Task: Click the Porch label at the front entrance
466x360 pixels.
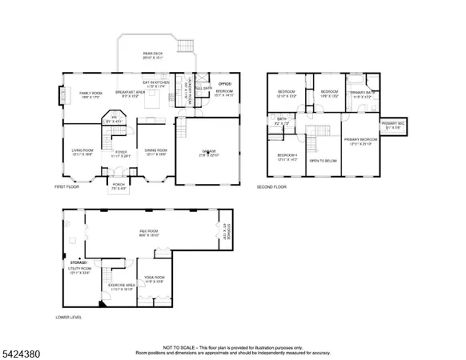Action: (119, 188)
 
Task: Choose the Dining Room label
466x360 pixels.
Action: (155, 151)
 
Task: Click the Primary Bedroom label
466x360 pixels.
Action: (360, 141)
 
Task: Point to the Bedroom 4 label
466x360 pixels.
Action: (287, 157)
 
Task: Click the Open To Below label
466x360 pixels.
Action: (323, 161)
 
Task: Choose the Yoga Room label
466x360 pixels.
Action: (153, 279)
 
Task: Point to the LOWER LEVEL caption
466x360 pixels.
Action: (69, 317)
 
